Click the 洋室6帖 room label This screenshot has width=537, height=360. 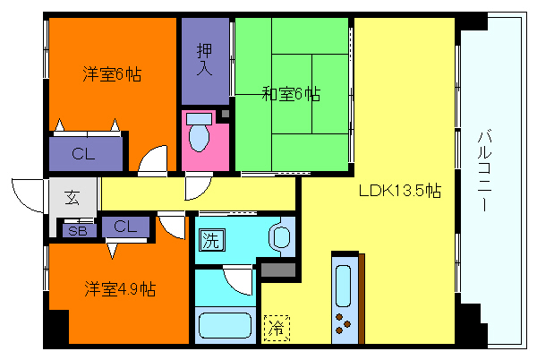pos(113,73)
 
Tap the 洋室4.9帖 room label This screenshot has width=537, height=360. pos(121,289)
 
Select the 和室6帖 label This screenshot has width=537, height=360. pos(292,92)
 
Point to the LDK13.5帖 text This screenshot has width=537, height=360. pos(400,191)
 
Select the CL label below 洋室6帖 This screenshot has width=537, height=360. pos(84,154)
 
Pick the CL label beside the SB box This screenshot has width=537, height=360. pos(124,226)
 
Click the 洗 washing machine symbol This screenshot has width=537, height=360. pos(210,239)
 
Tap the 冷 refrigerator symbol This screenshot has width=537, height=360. pos(277,328)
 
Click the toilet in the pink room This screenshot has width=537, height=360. pos(200,135)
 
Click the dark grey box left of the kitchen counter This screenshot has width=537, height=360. pos(277,268)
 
